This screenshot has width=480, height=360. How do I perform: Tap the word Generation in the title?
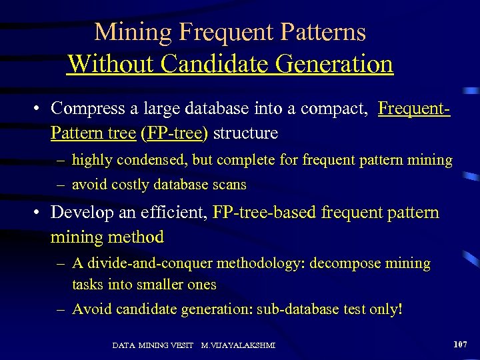pyautogui.click(x=337, y=64)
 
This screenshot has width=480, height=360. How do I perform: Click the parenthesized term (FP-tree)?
pyautogui.click(x=173, y=133)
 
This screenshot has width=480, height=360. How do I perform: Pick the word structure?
pyautogui.click(x=246, y=133)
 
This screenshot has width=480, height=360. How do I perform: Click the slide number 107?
pyautogui.click(x=460, y=344)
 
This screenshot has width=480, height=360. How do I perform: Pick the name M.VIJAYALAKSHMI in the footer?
pyautogui.click(x=238, y=345)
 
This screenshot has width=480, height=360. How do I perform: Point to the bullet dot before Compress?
pyautogui.click(x=40, y=108)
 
